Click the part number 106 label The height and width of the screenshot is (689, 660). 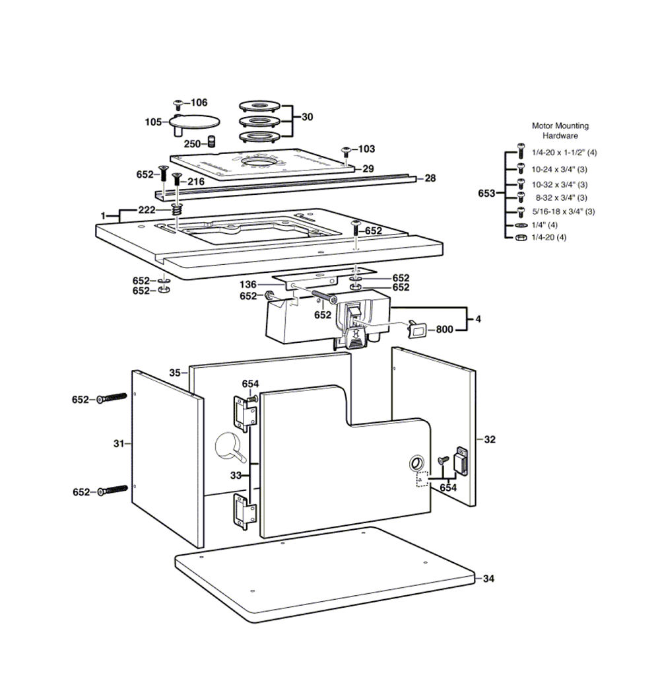click(199, 102)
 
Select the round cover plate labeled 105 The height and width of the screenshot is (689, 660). click(195, 122)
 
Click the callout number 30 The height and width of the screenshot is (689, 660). click(307, 117)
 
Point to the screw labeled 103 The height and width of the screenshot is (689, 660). click(346, 151)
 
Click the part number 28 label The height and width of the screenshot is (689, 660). click(430, 178)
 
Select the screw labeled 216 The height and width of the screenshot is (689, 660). click(176, 179)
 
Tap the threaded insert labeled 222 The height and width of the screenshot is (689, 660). click(176, 209)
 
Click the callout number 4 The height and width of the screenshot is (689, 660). click(478, 319)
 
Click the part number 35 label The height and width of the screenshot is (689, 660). click(174, 373)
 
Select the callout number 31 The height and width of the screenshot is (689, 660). click(119, 444)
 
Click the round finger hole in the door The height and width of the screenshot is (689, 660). click(417, 462)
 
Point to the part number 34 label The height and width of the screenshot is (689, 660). click(488, 579)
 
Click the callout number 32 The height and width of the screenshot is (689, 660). click(490, 439)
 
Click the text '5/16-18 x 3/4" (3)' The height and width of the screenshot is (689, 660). click(564, 211)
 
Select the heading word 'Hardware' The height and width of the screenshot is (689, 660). click(560, 135)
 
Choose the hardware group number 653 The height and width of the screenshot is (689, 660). click(487, 194)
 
